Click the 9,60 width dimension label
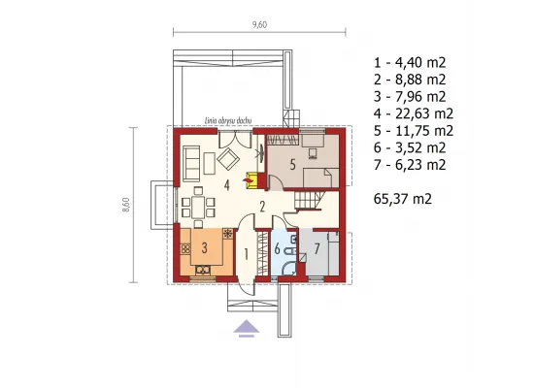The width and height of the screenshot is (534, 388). pos(259,24)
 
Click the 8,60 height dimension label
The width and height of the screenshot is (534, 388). pos(126,205)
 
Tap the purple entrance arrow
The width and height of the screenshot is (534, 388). pos(247,329)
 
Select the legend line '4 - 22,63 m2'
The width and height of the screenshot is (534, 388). pos(414,113)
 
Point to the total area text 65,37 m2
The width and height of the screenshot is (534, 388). pos(403,199)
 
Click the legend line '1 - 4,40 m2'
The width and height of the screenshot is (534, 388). pos(410,62)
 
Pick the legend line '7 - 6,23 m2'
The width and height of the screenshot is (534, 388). pos(410,165)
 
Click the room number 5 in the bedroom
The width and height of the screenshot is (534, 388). pos(292,165)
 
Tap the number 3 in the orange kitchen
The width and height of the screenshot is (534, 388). pos(204,247)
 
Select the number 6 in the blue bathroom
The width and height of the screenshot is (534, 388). pos(278,249)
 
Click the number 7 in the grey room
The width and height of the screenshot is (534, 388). pos(317,249)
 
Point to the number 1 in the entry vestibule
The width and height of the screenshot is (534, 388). pos(246,254)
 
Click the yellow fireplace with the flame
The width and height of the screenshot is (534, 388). pos(250,180)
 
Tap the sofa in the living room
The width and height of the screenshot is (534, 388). pos(191,163)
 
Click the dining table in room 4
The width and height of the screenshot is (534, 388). pos(198,208)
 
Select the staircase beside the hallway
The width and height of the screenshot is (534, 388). pos(309,200)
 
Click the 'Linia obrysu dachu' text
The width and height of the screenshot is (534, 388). pos(228,121)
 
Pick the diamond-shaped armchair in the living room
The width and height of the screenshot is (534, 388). pos(228,159)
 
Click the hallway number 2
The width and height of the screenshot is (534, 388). pos(262,207)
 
